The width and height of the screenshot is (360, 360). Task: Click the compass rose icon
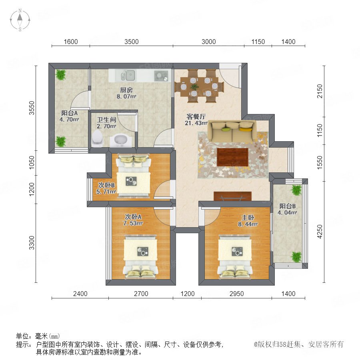tap(20, 20)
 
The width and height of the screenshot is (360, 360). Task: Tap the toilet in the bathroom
tap(97, 138)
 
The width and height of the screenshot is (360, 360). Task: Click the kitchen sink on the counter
tap(128, 76)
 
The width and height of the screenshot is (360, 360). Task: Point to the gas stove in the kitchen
tap(161, 76)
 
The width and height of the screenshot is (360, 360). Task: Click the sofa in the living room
tap(232, 132)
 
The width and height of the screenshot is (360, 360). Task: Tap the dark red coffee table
tap(232, 157)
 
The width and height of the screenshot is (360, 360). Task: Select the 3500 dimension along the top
tap(132, 42)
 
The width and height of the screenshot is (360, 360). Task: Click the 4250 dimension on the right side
tap(320, 232)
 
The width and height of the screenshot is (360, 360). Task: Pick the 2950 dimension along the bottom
tap(237, 294)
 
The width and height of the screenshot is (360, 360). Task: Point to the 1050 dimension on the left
tap(32, 162)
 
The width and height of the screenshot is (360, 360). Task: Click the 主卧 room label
tap(248, 218)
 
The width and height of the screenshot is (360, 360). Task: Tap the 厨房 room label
tap(126, 90)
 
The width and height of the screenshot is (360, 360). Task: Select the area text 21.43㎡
tap(196, 123)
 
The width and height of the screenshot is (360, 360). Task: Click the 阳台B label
tap(287, 206)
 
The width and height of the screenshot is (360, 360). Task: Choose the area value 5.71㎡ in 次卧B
tap(106, 192)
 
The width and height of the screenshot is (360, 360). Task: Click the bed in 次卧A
tap(140, 256)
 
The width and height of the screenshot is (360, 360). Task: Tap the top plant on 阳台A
tap(61, 75)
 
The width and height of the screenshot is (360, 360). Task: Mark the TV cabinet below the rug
tap(232, 196)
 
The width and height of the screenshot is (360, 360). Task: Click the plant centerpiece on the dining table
tap(195, 86)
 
